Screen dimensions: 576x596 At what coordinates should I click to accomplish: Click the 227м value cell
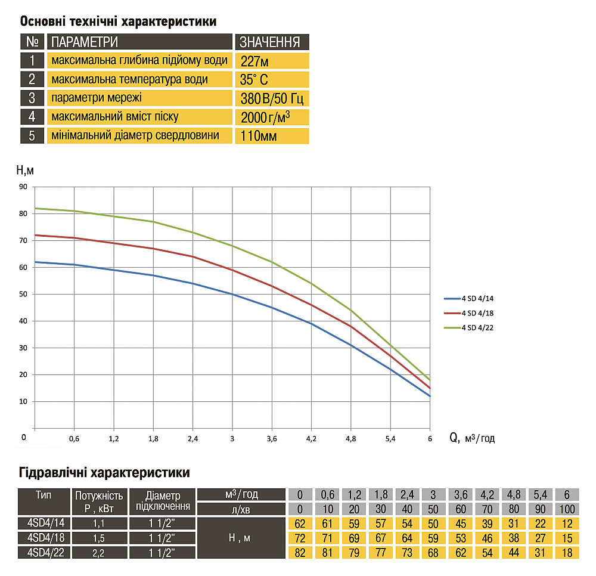[x=272, y=61]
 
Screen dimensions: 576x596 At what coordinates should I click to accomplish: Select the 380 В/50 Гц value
[x=272, y=98]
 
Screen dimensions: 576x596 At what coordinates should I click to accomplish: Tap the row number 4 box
[x=32, y=117]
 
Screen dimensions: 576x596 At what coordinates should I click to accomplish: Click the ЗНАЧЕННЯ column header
[x=272, y=42]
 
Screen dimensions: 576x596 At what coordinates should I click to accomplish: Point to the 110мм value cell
[x=272, y=135]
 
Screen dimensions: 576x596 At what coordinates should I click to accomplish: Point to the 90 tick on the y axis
[x=24, y=187]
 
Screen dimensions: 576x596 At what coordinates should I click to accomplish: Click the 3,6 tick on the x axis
[x=271, y=439]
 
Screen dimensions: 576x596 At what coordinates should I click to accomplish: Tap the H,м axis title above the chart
[x=24, y=171]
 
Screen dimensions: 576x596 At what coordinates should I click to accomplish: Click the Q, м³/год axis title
[x=472, y=438]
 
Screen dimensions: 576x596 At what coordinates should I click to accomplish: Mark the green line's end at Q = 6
[x=429, y=380]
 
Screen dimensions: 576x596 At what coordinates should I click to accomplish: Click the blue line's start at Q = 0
[x=35, y=262]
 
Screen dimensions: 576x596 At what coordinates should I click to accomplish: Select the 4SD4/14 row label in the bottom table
[x=44, y=524]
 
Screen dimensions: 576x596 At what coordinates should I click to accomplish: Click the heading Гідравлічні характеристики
[x=105, y=473]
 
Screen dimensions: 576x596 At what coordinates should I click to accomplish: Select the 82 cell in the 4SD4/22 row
[x=300, y=553]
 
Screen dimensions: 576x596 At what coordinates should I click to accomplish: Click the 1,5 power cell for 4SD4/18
[x=99, y=538]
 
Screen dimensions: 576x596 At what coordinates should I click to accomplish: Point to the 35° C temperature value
[x=272, y=79]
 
